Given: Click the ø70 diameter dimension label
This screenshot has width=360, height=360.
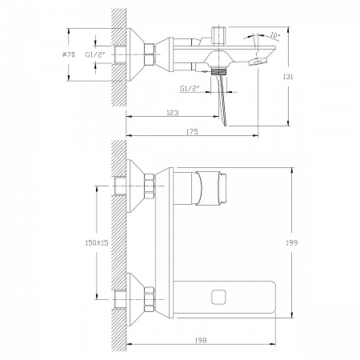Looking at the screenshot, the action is [x=68, y=54].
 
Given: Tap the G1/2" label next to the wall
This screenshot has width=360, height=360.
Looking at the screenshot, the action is [x=95, y=54].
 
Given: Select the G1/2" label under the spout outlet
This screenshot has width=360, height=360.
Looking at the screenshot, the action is [x=190, y=88].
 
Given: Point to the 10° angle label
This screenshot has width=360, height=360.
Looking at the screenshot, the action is [x=275, y=35].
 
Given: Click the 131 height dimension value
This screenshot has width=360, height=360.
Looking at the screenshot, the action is [x=288, y=77].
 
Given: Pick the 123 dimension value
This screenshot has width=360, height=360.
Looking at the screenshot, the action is [x=172, y=113].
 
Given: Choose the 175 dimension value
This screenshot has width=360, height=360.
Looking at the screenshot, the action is [x=192, y=132].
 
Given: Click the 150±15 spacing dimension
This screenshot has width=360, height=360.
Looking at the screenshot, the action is [x=97, y=243].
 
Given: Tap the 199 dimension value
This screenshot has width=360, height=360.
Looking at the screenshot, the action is [x=292, y=243].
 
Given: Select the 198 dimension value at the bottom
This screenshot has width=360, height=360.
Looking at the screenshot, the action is [x=201, y=340].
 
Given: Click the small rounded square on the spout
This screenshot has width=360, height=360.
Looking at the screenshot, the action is [x=219, y=298].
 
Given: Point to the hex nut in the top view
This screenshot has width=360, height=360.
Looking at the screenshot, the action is [x=150, y=54].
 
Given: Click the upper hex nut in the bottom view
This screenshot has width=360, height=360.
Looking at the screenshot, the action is [x=150, y=186].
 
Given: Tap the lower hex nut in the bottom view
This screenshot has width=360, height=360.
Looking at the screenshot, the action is [x=150, y=299].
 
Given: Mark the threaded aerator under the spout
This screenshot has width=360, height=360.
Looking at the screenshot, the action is [x=218, y=71].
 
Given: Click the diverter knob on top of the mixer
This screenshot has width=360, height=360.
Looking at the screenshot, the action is [x=218, y=35].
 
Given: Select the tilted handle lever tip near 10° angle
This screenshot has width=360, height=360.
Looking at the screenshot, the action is [x=258, y=61].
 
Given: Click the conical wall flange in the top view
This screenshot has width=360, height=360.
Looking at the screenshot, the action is [x=135, y=54].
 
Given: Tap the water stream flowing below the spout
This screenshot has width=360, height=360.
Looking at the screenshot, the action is [x=222, y=101].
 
